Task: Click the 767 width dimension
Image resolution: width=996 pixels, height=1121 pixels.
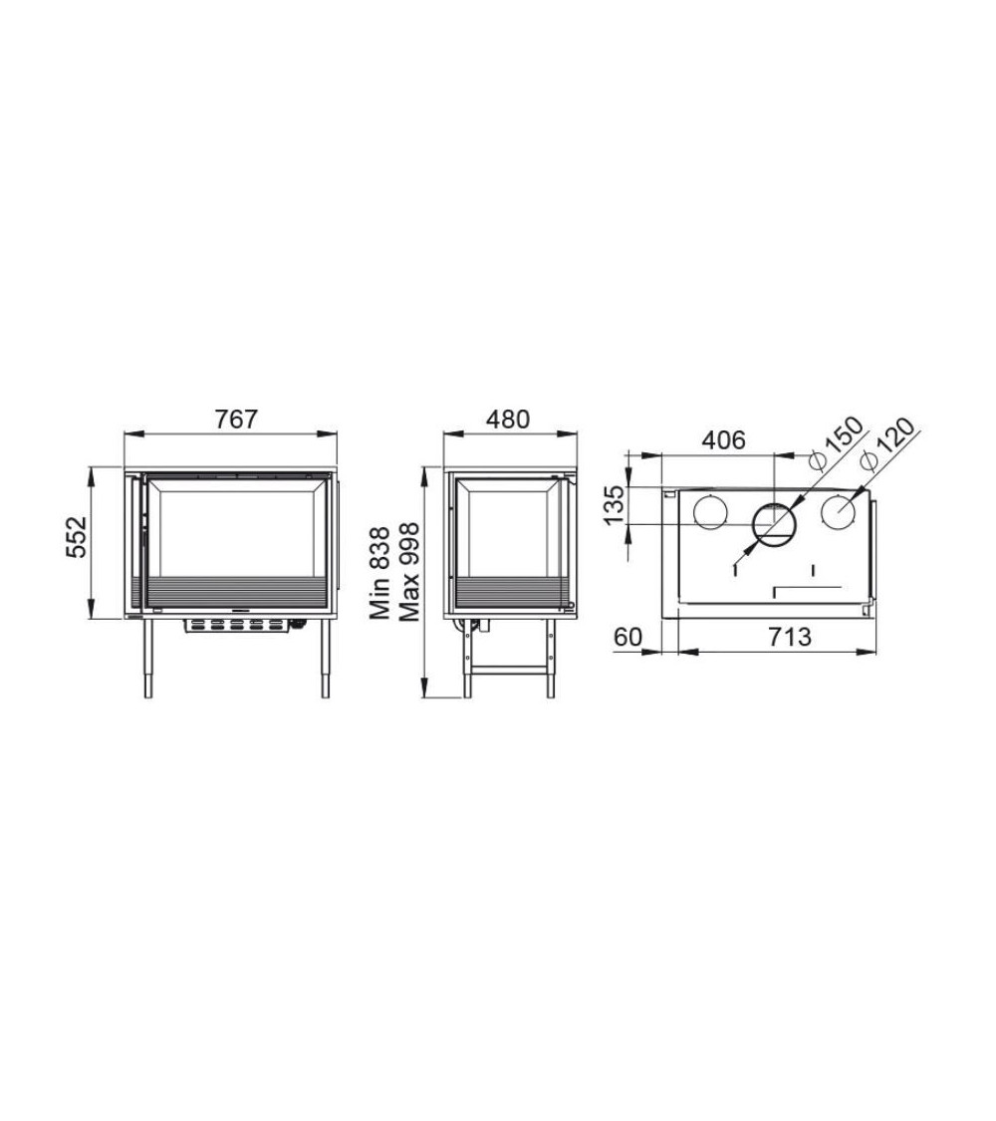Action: tap(236, 419)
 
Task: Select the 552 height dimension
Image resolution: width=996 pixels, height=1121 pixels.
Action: tap(76, 537)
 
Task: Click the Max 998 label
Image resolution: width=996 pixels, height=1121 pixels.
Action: tap(408, 572)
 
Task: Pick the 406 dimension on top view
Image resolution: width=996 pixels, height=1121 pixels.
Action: tap(723, 439)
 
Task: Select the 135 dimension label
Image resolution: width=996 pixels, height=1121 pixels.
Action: tap(615, 505)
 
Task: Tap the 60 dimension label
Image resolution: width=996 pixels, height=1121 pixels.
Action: tap(628, 637)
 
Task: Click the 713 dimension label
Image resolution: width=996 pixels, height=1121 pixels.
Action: tap(790, 637)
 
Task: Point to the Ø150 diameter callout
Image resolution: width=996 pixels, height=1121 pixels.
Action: tap(836, 443)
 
